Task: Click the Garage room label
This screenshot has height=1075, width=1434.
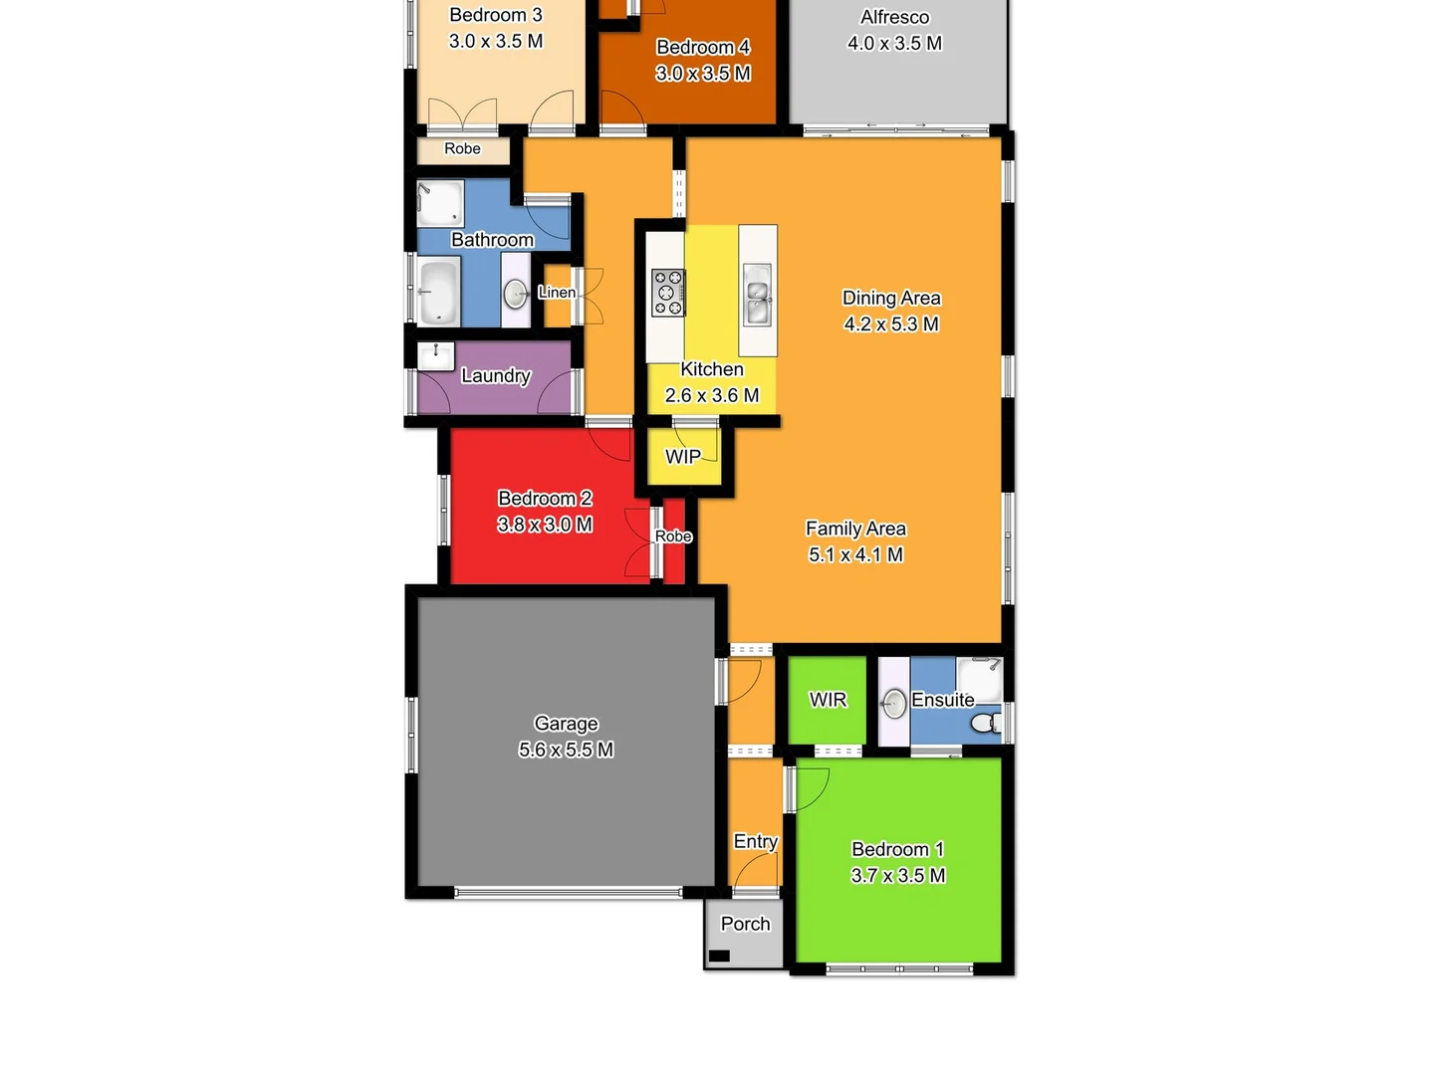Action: click(566, 724)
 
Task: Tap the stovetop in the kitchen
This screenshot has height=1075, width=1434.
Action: click(667, 293)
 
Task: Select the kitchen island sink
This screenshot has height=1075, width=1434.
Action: click(757, 295)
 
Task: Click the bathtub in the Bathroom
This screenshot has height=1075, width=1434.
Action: click(438, 292)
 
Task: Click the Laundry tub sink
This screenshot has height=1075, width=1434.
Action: click(436, 355)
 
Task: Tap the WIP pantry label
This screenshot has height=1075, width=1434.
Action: click(683, 457)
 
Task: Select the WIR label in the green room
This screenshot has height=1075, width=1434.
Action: click(828, 700)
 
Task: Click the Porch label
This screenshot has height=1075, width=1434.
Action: click(745, 924)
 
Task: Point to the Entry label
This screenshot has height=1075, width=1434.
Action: click(755, 841)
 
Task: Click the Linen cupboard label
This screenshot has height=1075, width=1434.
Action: click(557, 293)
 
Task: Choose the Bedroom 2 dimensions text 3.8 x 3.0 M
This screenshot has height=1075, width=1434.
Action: click(545, 525)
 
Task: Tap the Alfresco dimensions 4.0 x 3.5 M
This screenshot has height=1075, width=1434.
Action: click(894, 43)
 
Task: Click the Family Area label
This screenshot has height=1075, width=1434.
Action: click(855, 529)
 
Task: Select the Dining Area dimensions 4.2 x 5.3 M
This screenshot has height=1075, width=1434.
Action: click(891, 323)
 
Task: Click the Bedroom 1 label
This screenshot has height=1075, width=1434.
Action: click(897, 849)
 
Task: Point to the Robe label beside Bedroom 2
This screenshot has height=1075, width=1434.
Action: click(673, 537)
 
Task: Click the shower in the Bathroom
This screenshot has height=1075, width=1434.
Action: click(439, 202)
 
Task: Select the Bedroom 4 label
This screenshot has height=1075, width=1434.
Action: click(703, 47)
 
